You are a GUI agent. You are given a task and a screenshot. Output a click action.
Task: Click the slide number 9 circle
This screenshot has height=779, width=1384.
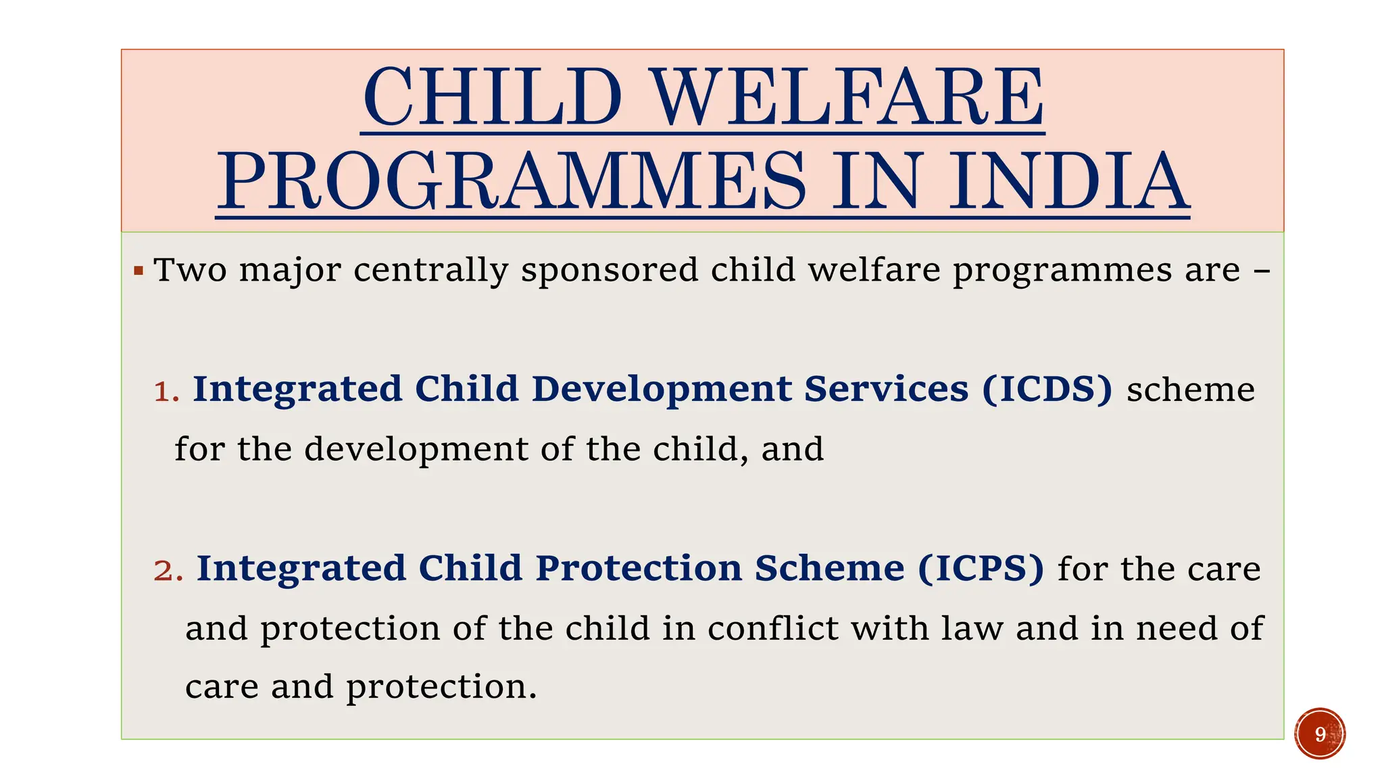(1320, 734)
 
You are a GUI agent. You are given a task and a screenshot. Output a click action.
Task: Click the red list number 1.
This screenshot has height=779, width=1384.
(166, 391)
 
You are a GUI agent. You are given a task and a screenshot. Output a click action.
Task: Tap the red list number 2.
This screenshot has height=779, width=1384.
(168, 570)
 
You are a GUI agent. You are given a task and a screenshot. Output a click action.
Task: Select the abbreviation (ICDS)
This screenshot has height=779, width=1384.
(1047, 389)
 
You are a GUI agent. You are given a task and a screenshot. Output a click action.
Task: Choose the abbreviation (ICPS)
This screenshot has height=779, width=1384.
(981, 569)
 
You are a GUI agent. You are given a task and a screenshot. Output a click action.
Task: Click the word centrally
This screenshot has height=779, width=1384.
(430, 270)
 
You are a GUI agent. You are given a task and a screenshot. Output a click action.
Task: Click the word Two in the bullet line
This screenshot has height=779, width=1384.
(190, 270)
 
